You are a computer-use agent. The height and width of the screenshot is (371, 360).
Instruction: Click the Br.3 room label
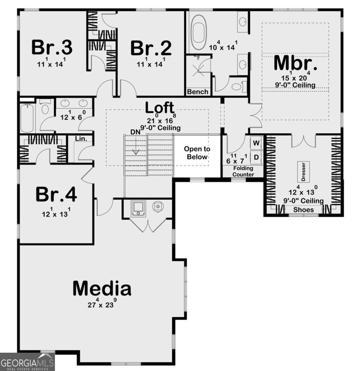point(52,47)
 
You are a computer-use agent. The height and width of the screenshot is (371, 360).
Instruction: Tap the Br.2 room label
point(151,48)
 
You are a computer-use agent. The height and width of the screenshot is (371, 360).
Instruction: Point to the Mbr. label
point(296,63)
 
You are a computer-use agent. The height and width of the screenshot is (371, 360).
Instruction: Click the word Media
point(102,288)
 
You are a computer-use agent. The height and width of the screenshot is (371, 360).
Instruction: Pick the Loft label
point(160,108)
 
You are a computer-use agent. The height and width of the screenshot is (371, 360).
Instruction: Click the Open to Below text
point(197,153)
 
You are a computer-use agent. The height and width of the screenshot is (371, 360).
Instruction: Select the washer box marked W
point(256,143)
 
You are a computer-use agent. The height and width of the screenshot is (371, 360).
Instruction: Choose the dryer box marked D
point(256,157)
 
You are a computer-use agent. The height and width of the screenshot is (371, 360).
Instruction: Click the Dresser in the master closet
point(303,172)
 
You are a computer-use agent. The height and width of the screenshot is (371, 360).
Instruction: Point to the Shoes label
point(303,210)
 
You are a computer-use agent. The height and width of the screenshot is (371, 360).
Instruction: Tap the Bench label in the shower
point(198,92)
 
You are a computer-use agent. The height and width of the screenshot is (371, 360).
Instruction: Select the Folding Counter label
point(243,171)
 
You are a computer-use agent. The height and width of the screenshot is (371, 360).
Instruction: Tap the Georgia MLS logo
point(27,362)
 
